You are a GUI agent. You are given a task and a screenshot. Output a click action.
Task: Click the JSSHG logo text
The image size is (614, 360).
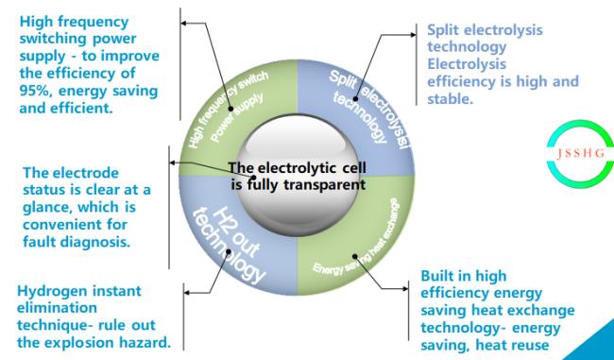pyautogui.click(x=581, y=153)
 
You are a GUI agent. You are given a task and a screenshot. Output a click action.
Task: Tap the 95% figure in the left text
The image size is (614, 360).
pyautogui.click(x=35, y=91)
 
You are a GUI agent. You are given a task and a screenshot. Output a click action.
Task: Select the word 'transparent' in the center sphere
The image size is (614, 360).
pyautogui.click(x=325, y=184)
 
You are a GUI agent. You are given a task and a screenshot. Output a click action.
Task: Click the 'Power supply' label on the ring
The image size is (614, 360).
pyautogui.click(x=237, y=118)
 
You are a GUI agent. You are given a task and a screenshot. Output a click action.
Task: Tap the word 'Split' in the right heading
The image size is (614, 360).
pyautogui.click(x=443, y=30)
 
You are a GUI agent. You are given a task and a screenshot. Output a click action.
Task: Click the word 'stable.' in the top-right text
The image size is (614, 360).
pyautogui.click(x=450, y=98)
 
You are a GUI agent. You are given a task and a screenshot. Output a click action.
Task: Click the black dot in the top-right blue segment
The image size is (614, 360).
pyautogui.click(x=355, y=98)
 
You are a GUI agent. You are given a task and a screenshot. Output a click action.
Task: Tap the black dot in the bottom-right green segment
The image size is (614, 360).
pyautogui.click(x=355, y=257)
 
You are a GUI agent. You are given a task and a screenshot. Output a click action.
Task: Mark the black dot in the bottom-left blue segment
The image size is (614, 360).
pyautogui.click(x=230, y=252)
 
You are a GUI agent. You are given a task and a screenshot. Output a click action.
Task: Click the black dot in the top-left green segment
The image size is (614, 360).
pyautogui.click(x=230, y=109)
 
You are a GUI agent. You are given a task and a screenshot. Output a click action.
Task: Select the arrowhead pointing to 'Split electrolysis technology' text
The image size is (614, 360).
pyautogui.click(x=413, y=35)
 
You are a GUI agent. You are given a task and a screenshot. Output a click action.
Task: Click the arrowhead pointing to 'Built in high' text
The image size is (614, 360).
pyautogui.click(x=405, y=289)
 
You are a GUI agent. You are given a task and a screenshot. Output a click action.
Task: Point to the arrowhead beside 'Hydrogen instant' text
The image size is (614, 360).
pyautogui.click(x=187, y=292)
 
